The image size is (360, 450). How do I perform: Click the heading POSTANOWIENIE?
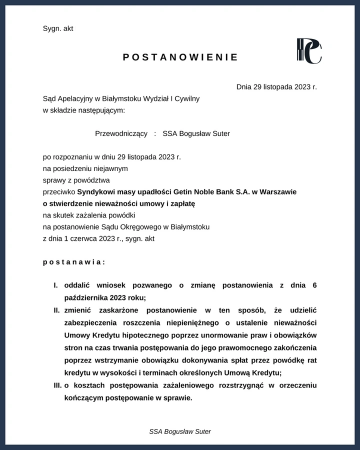180,57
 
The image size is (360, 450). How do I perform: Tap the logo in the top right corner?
309,51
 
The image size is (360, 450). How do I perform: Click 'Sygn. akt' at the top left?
58,28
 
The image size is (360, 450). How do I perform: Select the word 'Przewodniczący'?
121,133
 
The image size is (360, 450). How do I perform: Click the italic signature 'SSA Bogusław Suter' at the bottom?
180,431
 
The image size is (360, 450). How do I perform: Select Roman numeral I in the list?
56,285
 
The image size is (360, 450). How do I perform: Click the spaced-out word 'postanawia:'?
74,262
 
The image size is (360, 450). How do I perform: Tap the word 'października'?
85,298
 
